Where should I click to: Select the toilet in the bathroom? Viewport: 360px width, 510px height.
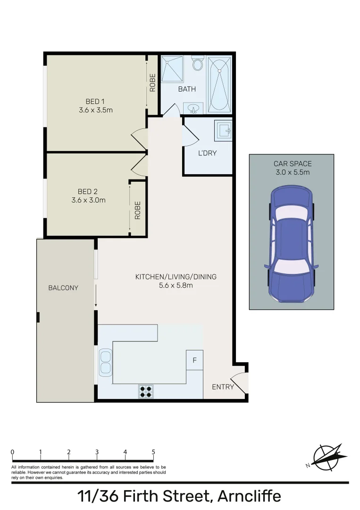pyautogui.click(x=199, y=64)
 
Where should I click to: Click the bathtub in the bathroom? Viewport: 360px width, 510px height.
pyautogui.click(x=219, y=84)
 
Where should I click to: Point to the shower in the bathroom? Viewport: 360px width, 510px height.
pyautogui.click(x=174, y=69)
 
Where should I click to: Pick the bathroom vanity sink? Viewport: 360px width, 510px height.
pyautogui.click(x=193, y=109)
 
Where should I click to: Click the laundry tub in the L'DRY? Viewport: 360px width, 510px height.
pyautogui.click(x=223, y=130)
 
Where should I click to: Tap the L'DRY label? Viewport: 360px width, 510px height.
pyautogui.click(x=207, y=153)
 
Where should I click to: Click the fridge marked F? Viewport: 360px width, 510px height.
pyautogui.click(x=194, y=361)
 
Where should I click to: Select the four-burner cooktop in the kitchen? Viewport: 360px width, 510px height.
pyautogui.click(x=146, y=391)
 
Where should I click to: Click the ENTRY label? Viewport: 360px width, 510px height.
pyautogui.click(x=223, y=387)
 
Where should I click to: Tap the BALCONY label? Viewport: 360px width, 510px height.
pyautogui.click(x=63, y=288)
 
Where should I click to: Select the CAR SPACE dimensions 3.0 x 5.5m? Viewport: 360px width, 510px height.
pyautogui.click(x=293, y=172)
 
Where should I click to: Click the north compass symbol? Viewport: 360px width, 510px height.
pyautogui.click(x=327, y=457)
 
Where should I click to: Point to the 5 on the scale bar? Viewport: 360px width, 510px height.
pyautogui.click(x=153, y=452)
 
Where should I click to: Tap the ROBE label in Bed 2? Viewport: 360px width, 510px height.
pyautogui.click(x=138, y=210)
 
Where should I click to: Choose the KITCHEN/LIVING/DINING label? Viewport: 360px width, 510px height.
pyautogui.click(x=176, y=277)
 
